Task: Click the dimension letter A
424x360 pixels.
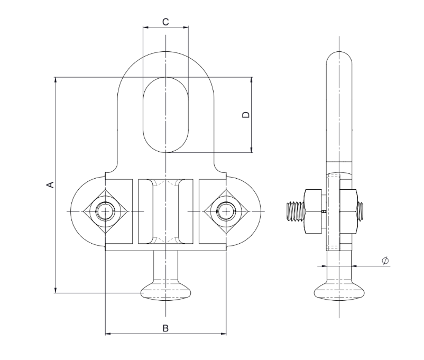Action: click(x=51, y=184)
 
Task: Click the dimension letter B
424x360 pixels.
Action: click(x=165, y=328)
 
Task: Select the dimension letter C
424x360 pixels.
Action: click(x=165, y=22)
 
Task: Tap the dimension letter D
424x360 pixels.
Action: click(x=246, y=115)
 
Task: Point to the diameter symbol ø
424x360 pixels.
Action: click(x=385, y=261)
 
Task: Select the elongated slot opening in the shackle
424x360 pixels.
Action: click(x=165, y=115)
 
